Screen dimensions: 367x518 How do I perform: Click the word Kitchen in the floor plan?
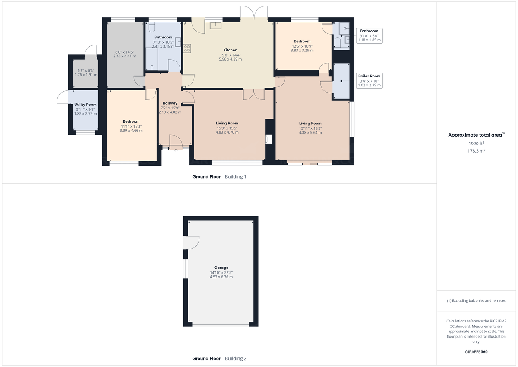pyautogui.click(x=230, y=50)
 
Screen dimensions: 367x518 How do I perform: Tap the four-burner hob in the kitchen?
pyautogui.click(x=188, y=48)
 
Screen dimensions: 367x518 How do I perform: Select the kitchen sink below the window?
pyautogui.click(x=215, y=25)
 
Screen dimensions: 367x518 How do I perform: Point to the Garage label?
pyautogui.click(x=221, y=268)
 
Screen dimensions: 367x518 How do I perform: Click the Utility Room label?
pyautogui.click(x=85, y=105)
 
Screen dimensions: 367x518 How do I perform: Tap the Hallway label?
pyautogui.click(x=170, y=103)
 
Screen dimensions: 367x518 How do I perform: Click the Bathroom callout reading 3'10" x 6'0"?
pyautogui.click(x=369, y=35)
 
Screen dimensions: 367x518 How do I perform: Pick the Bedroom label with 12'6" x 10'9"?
pyautogui.click(x=302, y=41)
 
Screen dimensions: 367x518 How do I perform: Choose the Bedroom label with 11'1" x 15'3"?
pyautogui.click(x=131, y=121)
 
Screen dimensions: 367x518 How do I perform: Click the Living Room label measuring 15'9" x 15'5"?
pyautogui.click(x=227, y=123)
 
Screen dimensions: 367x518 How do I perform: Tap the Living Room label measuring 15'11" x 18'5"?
pyautogui.click(x=310, y=124)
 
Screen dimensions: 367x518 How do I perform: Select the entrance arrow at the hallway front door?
pyautogui.click(x=176, y=150)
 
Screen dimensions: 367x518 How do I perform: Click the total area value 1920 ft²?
pyautogui.click(x=476, y=144)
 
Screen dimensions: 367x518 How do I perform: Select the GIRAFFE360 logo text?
pyautogui.click(x=476, y=351)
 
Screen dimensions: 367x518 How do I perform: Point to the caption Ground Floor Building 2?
pyautogui.click(x=219, y=358)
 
